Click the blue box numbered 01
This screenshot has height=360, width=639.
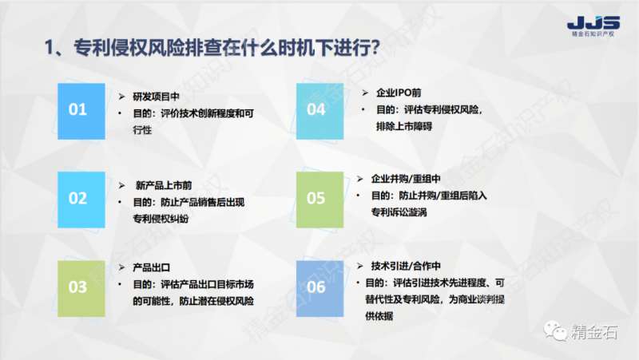coord(77,110)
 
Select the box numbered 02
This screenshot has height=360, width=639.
coord(77,198)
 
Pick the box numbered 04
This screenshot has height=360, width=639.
coord(316,110)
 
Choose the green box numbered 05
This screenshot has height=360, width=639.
coord(316,198)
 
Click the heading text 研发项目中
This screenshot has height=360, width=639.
coord(152,94)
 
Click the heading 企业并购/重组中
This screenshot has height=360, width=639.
coord(405,179)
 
